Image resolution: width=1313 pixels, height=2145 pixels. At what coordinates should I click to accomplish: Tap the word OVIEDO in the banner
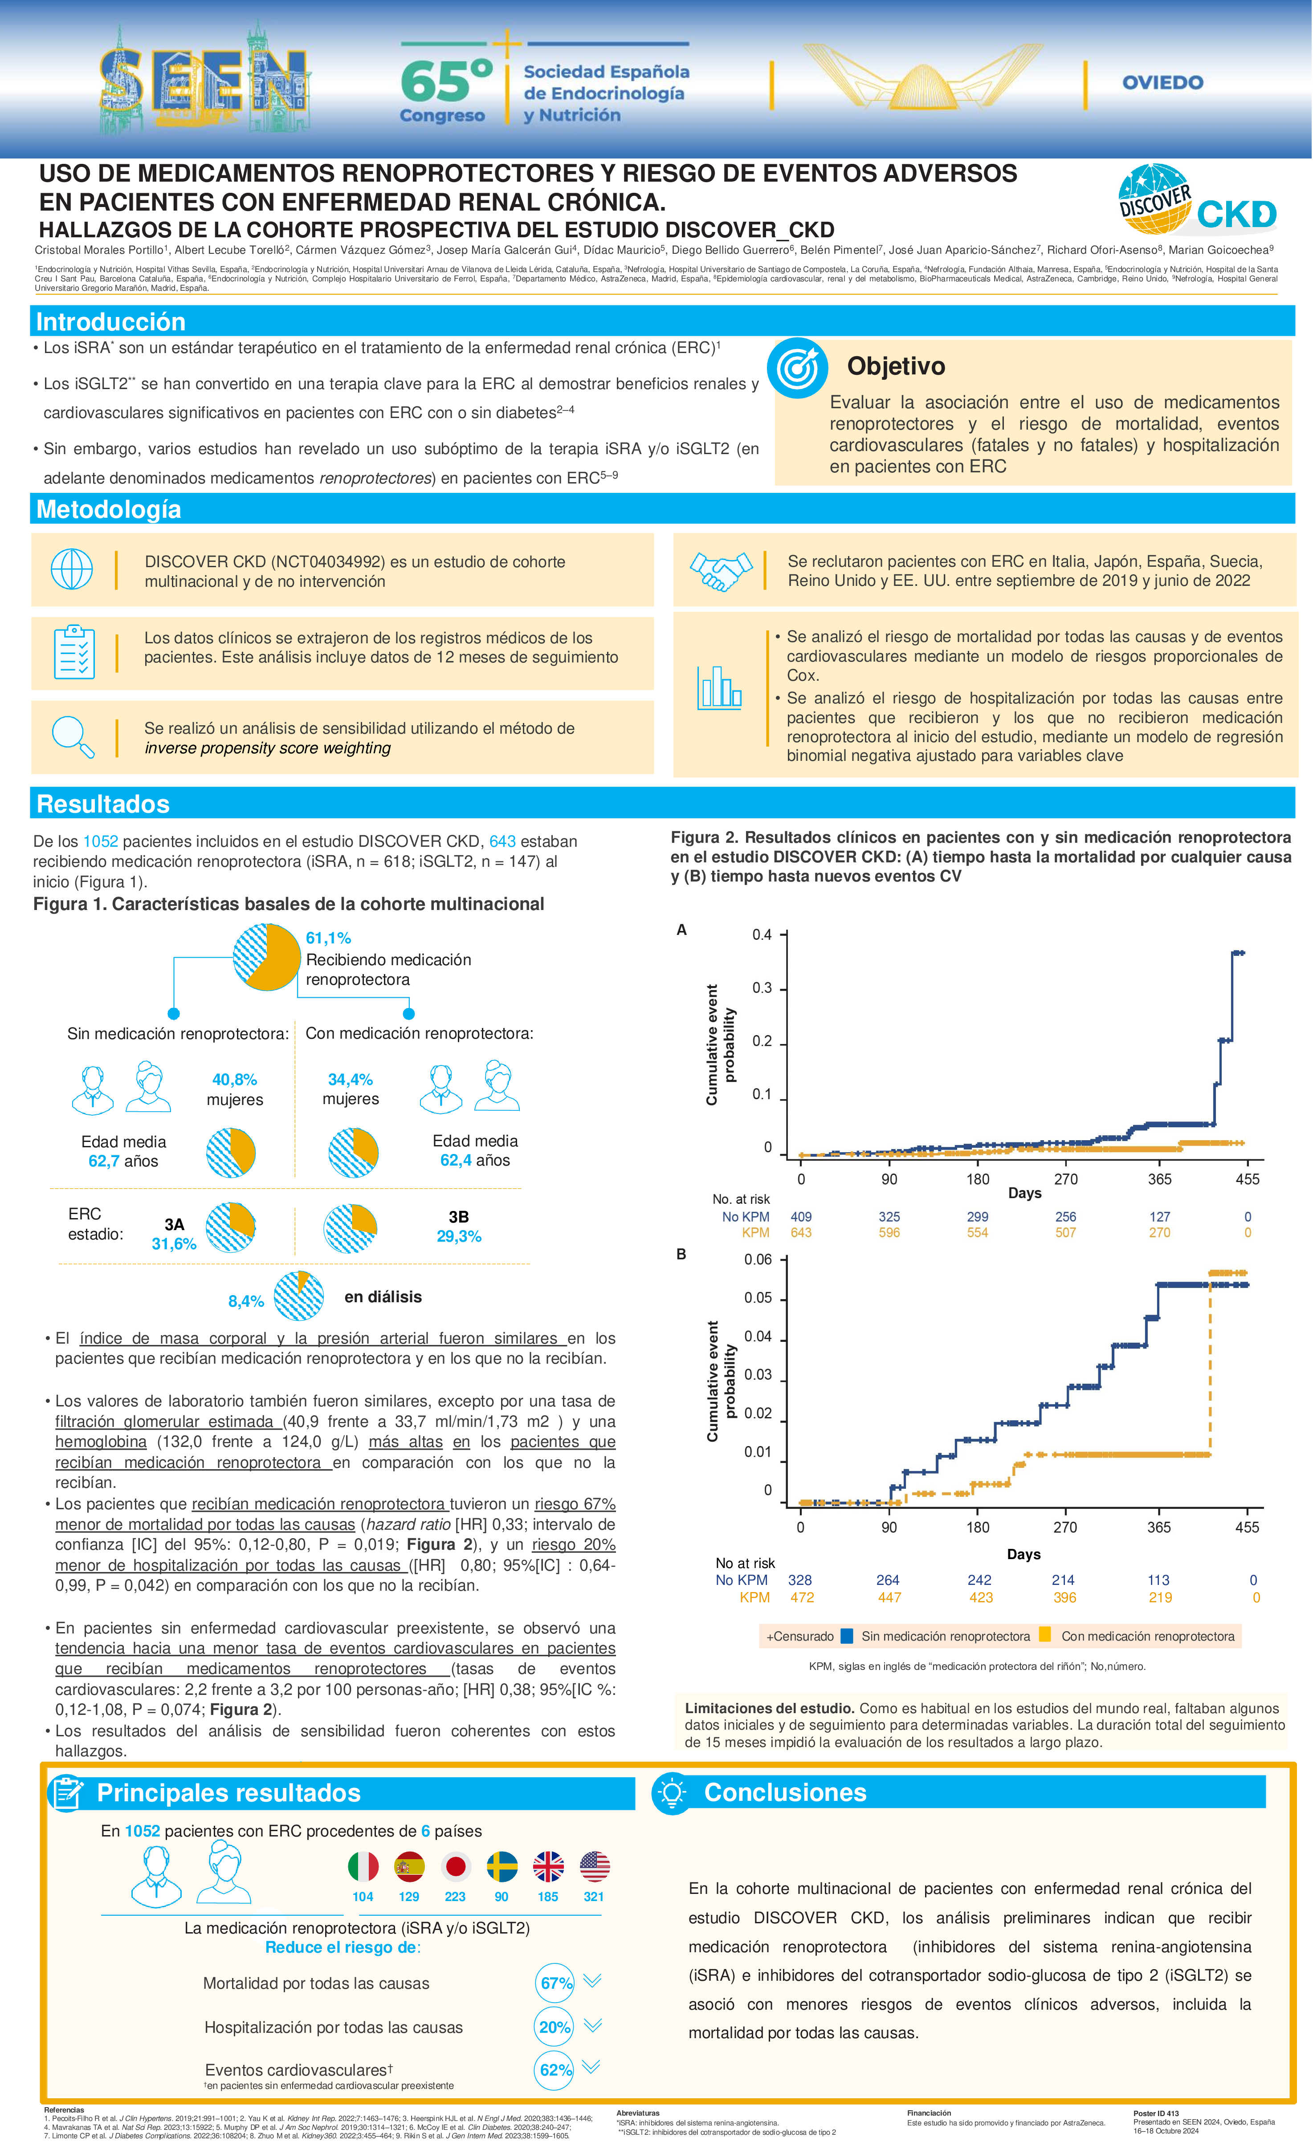click(1162, 83)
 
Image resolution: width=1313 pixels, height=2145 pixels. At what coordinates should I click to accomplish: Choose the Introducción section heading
click(110, 322)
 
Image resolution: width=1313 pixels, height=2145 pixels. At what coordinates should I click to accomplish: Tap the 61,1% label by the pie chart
click(328, 938)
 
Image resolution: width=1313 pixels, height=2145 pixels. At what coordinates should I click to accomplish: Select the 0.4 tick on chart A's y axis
click(762, 935)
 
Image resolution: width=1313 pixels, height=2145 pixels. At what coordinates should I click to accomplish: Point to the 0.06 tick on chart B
click(758, 1259)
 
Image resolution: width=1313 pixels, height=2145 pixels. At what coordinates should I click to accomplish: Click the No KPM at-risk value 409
click(801, 1217)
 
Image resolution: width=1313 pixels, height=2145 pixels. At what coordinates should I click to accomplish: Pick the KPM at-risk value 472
click(802, 1597)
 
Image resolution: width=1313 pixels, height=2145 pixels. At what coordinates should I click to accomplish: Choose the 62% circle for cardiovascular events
click(555, 2069)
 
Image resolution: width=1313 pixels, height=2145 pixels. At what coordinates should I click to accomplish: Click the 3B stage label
click(459, 1217)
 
